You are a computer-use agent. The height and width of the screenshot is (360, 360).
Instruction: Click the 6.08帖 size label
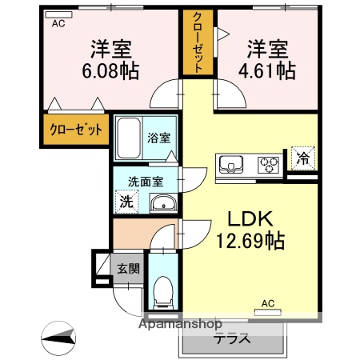[110, 71]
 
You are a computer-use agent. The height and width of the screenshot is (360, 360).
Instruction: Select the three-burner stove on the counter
[266, 165]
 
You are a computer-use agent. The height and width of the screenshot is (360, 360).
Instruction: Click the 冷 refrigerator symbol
[302, 158]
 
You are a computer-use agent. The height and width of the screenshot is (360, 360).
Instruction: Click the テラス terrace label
[232, 338]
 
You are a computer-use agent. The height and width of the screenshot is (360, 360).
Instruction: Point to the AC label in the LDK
[268, 303]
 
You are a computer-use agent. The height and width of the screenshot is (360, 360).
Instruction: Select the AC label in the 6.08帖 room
[58, 24]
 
